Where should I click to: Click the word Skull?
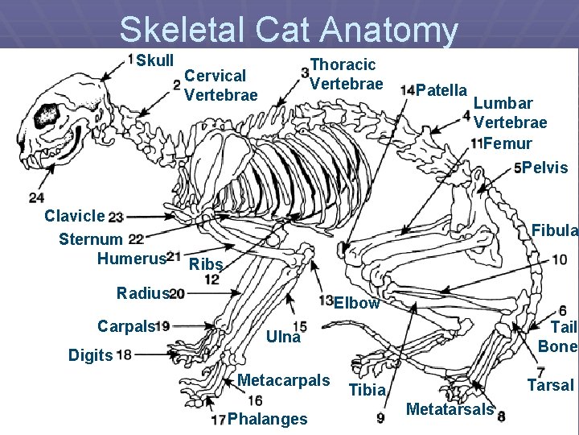tap(155, 60)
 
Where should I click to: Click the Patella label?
tap(443, 89)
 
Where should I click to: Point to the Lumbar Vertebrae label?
tap(510, 113)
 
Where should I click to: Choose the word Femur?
tap(507, 143)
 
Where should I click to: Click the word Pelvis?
tap(545, 168)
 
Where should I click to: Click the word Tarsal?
tap(550, 385)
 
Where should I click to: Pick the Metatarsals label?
tap(450, 409)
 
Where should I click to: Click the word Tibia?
tap(368, 391)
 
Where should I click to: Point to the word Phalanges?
tap(267, 419)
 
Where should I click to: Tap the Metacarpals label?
tap(284, 379)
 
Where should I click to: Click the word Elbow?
tap(356, 303)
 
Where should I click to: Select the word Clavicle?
tap(74, 216)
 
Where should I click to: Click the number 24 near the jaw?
tap(36, 197)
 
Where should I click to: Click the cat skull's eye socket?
tap(46, 115)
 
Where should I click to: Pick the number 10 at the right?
tap(559, 259)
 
